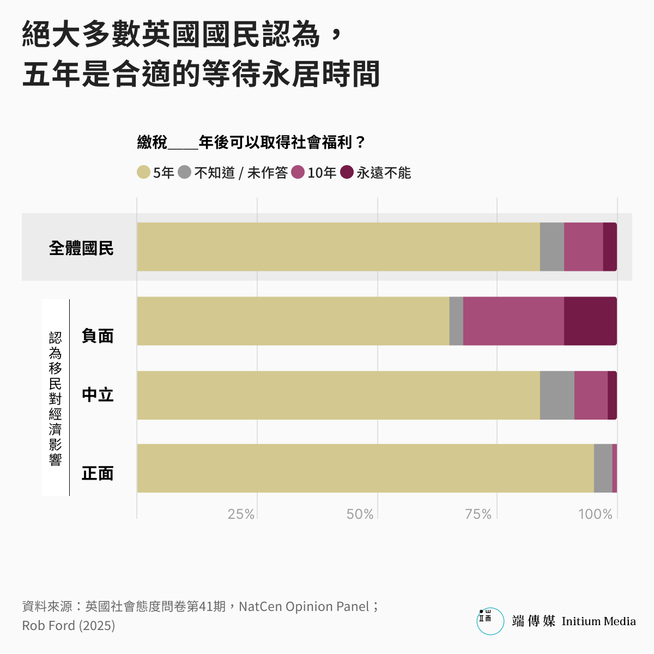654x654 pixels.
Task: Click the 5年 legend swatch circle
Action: [143, 172]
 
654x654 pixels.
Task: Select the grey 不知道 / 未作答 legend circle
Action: [185, 172]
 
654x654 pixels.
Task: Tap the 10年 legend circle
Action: [298, 172]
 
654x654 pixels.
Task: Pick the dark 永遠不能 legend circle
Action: [347, 172]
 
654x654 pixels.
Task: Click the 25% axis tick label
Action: [241, 514]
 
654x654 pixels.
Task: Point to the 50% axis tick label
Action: [360, 514]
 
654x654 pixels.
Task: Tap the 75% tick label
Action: [478, 514]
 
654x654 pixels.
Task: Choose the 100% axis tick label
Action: [595, 514]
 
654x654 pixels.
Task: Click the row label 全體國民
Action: [81, 249]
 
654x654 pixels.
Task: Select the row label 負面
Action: [98, 336]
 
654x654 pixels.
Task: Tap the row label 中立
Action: [98, 395]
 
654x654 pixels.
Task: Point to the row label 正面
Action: [98, 473]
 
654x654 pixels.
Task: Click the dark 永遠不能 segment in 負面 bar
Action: [590, 321]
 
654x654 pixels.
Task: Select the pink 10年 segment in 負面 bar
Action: [513, 321]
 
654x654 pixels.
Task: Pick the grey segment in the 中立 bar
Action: [557, 395]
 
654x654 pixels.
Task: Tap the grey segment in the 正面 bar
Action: [603, 468]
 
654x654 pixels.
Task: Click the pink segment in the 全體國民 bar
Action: [583, 246]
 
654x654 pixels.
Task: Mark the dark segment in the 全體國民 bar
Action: [610, 246]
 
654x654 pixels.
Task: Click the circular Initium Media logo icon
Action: [491, 621]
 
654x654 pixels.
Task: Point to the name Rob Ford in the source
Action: [49, 626]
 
